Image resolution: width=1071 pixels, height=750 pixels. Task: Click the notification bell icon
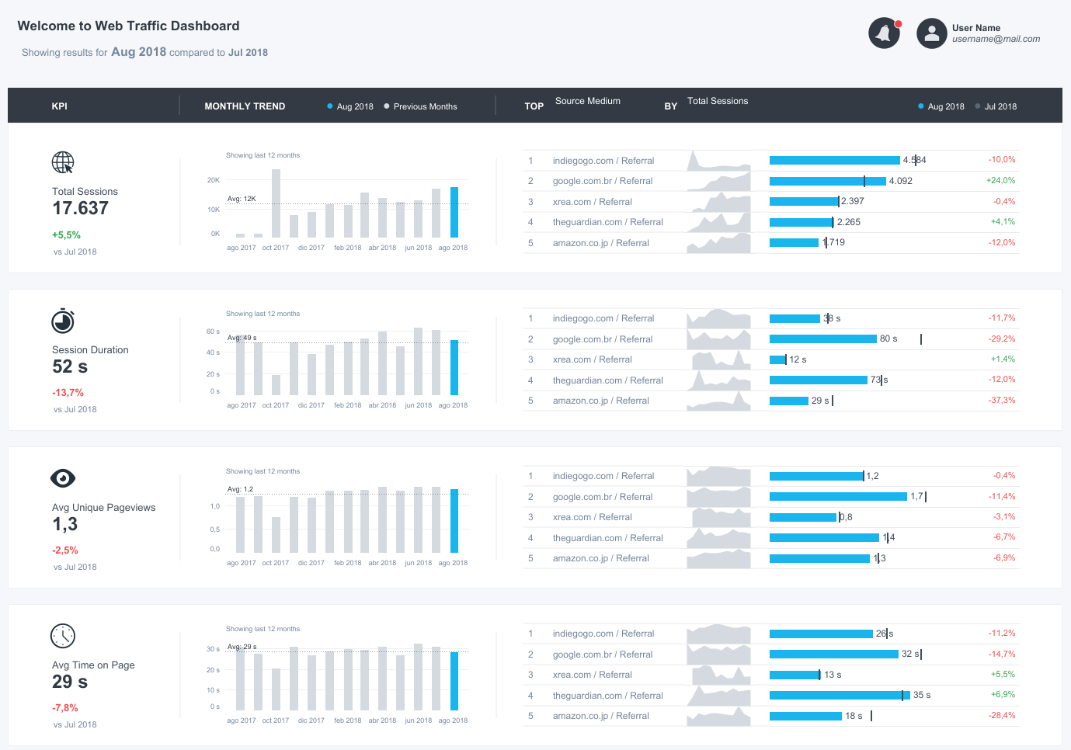pyautogui.click(x=883, y=33)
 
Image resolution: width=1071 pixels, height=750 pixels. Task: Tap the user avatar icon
pyautogui.click(x=931, y=33)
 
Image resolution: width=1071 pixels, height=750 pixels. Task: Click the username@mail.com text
pyautogui.click(x=996, y=39)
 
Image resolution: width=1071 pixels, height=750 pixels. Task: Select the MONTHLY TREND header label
pyautogui.click(x=245, y=106)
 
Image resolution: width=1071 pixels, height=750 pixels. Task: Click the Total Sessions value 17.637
pyautogui.click(x=80, y=208)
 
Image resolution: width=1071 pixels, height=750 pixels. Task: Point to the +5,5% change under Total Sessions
pyautogui.click(x=66, y=234)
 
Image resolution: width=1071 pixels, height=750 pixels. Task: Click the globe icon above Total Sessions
pyautogui.click(x=63, y=162)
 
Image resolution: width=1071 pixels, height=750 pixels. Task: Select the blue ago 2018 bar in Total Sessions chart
pyautogui.click(x=454, y=212)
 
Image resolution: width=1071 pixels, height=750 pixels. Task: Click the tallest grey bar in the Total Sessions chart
pyautogui.click(x=276, y=203)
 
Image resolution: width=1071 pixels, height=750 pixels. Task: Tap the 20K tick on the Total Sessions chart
pyautogui.click(x=213, y=180)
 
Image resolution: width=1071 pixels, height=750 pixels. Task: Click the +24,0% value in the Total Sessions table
pyautogui.click(x=1000, y=180)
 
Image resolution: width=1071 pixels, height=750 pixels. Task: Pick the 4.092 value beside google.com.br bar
pyautogui.click(x=900, y=181)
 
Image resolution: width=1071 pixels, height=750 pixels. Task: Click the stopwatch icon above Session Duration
pyautogui.click(x=63, y=321)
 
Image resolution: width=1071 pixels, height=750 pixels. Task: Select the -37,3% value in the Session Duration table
pyautogui.click(x=1001, y=400)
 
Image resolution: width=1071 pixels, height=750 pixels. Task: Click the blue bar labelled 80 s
pyautogui.click(x=822, y=339)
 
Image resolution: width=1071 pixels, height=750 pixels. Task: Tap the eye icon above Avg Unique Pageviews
pyautogui.click(x=63, y=478)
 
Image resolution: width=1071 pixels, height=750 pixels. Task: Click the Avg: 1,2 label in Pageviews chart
pyautogui.click(x=240, y=489)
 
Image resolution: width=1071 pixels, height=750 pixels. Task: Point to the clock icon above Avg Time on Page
pyautogui.click(x=63, y=636)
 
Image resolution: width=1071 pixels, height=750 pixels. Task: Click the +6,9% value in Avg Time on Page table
pyautogui.click(x=1003, y=694)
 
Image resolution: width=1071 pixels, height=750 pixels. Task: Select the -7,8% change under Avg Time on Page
pyautogui.click(x=65, y=707)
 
